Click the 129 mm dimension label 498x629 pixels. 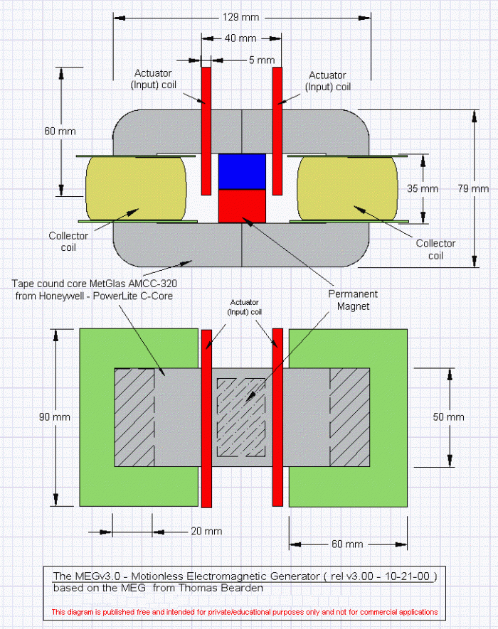coord(240,17)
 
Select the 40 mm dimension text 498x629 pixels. coord(240,38)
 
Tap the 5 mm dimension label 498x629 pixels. coord(262,60)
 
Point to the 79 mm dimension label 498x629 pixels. coord(473,188)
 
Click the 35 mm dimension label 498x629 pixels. coord(423,188)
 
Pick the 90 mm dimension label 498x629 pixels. coord(55,416)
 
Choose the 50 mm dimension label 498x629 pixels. coord(448,416)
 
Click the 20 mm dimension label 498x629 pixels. coord(206,531)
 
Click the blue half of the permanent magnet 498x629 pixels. coord(242,172)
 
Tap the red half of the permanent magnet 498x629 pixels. coord(242,206)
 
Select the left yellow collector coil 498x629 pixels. coord(136,188)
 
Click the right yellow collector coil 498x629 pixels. coord(347,188)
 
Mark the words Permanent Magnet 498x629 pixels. coord(353,300)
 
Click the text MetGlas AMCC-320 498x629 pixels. coord(133,284)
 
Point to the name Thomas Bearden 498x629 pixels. coord(221,588)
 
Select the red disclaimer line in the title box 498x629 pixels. coord(245,612)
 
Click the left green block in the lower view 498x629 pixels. coord(139,417)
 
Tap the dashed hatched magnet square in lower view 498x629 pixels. coord(241,418)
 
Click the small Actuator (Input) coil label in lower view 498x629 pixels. coord(244,307)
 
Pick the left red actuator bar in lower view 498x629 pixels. coord(206,419)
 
